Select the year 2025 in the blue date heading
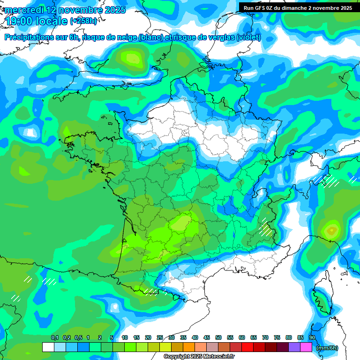pyautogui.click(x=113, y=10)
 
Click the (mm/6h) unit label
pyautogui.click(x=327, y=347)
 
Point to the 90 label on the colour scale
pyautogui.click(x=312, y=337)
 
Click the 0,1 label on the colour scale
pyautogui.click(x=54, y=337)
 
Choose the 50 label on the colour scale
pyautogui.click(x=218, y=337)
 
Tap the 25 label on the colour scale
pyautogui.click(x=160, y=337)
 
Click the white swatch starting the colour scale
pyautogui.click(x=48, y=347)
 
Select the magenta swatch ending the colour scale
pyautogui.click(x=306, y=347)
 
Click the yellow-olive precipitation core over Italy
pyautogui.click(x=332, y=230)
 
